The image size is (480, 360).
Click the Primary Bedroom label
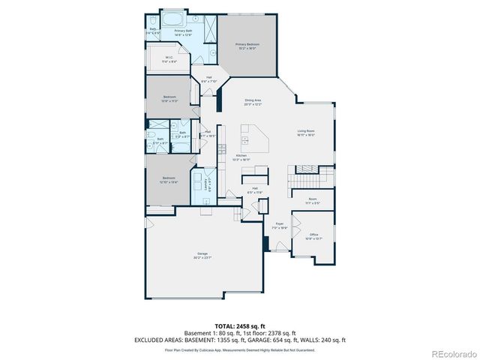coord(247,46)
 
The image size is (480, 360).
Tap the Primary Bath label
coord(184,33)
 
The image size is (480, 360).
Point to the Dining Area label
coord(253,102)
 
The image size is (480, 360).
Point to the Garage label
coord(202,255)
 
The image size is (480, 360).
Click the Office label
coord(313,236)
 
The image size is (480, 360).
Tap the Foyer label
coord(279,225)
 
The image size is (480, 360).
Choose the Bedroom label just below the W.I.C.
coord(170,98)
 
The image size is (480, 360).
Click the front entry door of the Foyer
coord(279,250)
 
